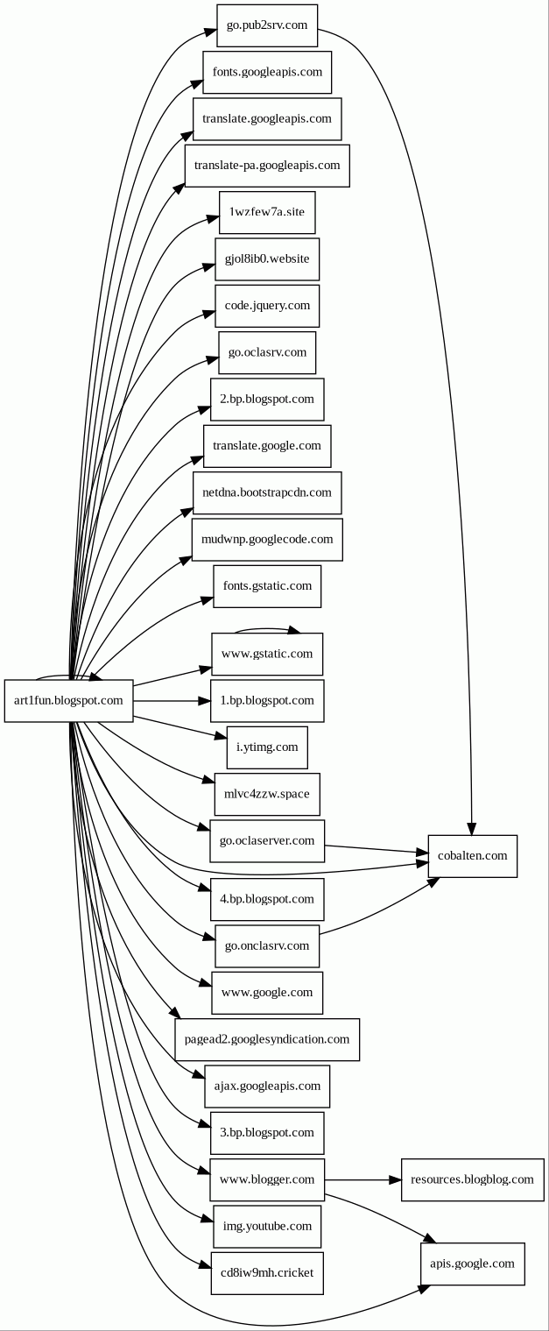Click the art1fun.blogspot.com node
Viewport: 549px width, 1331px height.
[69, 701]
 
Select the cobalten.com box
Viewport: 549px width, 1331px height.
[472, 856]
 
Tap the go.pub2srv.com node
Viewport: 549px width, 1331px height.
[267, 25]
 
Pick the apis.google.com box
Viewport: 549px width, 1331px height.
[472, 1264]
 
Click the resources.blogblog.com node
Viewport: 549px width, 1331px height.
[472, 1179]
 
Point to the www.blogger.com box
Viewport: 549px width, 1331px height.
[267, 1179]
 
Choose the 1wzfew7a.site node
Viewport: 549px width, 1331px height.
[267, 213]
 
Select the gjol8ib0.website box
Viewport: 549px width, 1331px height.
[267, 259]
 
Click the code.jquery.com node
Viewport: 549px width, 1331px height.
[267, 306]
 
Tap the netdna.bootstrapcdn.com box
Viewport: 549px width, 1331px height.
[267, 492]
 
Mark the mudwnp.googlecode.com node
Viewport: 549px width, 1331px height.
[267, 539]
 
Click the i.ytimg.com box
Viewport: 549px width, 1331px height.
[267, 747]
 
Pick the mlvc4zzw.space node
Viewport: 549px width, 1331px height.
[267, 794]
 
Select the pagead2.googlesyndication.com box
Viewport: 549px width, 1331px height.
[267, 1039]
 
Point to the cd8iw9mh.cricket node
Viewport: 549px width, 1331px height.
[267, 1273]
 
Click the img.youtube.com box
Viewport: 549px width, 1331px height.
[267, 1226]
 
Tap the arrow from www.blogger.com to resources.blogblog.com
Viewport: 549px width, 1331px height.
[362, 1180]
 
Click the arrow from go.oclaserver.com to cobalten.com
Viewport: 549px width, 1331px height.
[377, 848]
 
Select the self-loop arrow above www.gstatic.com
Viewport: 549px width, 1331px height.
[267, 628]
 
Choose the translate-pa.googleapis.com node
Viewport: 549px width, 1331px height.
[267, 166]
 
